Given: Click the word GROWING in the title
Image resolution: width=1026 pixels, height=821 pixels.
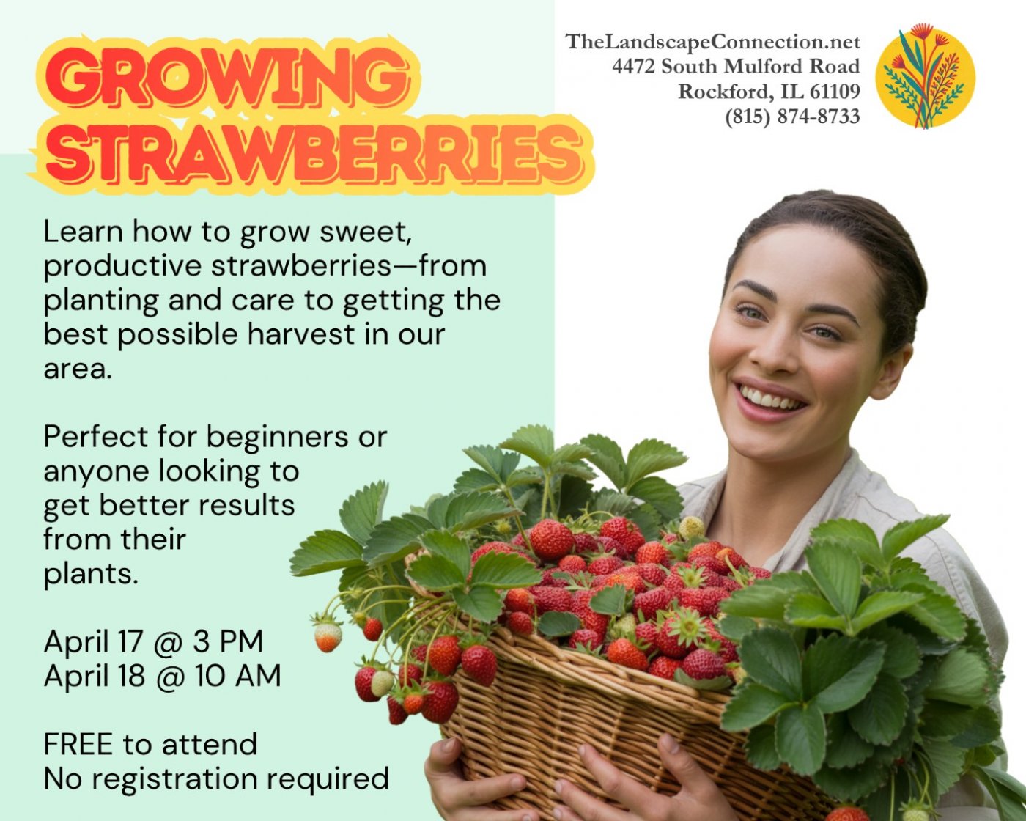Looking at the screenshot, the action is (x=228, y=76).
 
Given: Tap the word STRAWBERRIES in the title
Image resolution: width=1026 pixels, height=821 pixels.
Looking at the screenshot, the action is (x=314, y=154).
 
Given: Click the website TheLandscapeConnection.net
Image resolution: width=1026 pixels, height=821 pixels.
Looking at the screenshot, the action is (x=713, y=42).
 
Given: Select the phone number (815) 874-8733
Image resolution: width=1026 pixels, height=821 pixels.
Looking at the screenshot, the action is (x=792, y=116).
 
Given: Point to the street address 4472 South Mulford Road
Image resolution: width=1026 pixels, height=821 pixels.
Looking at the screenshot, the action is (x=736, y=66).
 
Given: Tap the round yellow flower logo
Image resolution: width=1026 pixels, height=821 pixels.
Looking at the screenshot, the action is (x=926, y=76).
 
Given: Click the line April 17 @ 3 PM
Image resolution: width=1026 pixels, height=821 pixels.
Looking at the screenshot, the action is (x=153, y=641).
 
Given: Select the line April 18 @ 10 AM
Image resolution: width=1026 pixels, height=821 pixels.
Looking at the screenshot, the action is (x=163, y=676).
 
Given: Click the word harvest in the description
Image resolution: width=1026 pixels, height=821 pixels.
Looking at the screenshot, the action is (x=301, y=334).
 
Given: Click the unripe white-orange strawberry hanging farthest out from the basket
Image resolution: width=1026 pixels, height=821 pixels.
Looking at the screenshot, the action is (x=328, y=637).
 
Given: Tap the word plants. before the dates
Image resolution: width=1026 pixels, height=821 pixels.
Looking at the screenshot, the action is (x=91, y=575).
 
